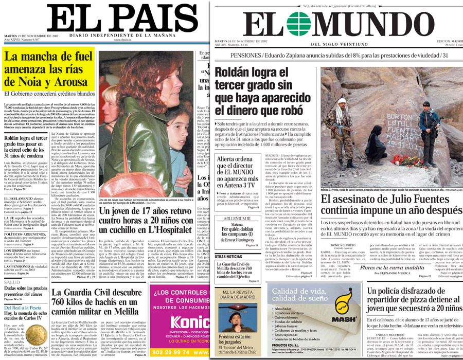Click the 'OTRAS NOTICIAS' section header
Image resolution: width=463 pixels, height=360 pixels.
click(x=229, y=256)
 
